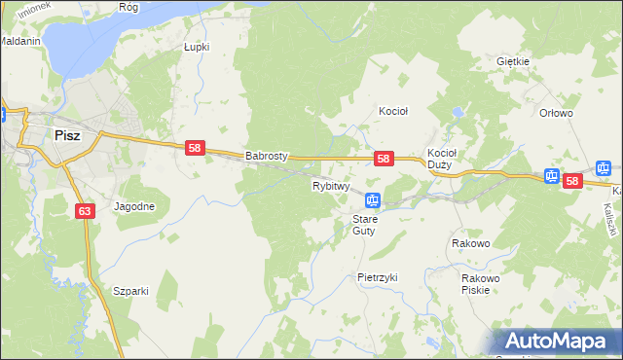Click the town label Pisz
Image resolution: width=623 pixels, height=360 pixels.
67,136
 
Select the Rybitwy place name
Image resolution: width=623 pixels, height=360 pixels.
331,185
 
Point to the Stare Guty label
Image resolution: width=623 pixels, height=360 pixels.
365,225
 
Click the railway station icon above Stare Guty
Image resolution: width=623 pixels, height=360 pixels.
373,201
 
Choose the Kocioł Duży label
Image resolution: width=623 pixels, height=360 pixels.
442,159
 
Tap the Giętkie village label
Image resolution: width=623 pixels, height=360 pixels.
512,61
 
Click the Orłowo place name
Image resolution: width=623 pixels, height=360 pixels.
556,113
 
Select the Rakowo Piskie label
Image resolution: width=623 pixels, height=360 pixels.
481,284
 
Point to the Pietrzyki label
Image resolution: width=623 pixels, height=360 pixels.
378,277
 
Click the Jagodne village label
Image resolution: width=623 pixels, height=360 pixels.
134,206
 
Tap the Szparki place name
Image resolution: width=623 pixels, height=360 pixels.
129,291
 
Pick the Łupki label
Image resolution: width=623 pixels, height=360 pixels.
198,46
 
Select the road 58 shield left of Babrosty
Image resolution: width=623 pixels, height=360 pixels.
195,148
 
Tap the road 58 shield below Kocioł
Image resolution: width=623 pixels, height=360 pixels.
384,158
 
